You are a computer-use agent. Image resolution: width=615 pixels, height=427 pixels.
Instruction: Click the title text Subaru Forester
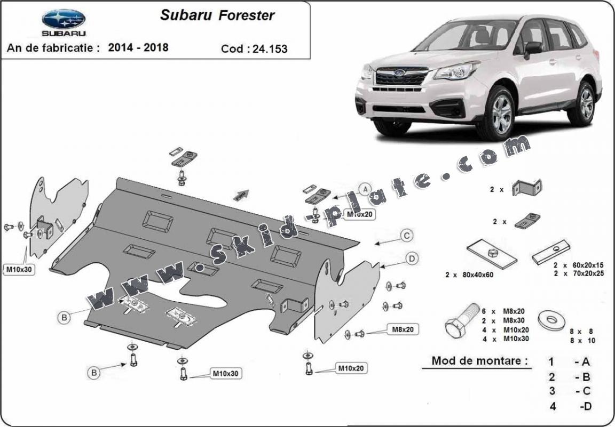(217, 15)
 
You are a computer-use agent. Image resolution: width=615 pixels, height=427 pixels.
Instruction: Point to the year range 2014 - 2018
(138, 47)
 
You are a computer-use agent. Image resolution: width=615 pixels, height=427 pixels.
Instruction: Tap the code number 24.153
(270, 49)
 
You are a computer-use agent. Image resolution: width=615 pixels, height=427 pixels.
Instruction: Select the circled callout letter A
(366, 190)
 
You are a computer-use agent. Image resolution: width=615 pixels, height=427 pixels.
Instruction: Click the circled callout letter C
(407, 236)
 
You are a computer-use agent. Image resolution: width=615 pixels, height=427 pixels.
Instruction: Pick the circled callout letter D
(412, 259)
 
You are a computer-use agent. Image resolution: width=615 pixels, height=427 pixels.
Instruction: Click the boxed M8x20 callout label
(403, 329)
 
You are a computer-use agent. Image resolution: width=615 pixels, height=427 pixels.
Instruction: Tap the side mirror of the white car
(533, 49)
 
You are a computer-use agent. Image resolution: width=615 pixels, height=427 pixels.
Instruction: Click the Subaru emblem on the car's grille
(399, 72)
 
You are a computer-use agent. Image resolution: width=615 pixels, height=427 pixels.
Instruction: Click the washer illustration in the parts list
(552, 320)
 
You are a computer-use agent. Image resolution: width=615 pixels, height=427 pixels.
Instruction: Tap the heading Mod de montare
(480, 360)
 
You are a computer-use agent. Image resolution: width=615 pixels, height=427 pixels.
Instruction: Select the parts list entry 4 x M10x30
(506, 339)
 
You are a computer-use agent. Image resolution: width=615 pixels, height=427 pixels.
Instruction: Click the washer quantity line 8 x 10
(582, 341)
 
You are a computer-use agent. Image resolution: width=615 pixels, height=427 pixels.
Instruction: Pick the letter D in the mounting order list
(587, 406)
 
